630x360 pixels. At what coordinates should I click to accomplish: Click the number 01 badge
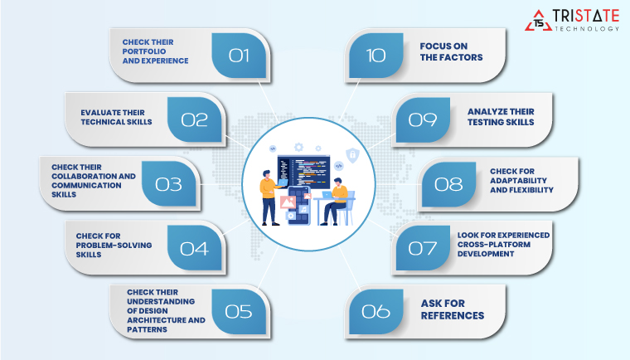tap(239, 56)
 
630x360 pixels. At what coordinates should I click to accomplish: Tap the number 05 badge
tap(238, 311)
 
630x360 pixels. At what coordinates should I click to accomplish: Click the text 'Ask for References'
tap(453, 310)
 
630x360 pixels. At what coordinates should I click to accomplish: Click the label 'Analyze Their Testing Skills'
tap(500, 116)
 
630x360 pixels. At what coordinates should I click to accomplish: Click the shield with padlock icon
tap(351, 155)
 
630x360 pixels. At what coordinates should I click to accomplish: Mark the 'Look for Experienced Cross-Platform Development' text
tap(503, 246)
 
